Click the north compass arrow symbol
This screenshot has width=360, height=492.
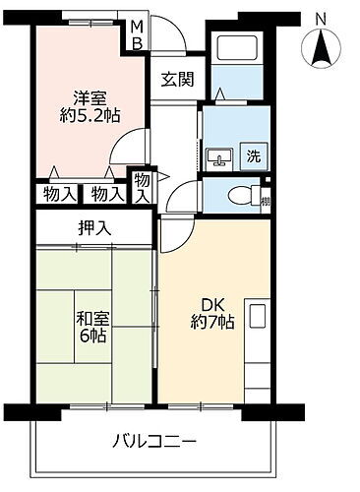320,46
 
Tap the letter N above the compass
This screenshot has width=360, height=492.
320,17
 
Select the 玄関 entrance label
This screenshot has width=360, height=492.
178,79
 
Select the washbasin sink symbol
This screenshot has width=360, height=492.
217,155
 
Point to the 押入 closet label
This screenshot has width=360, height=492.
95,229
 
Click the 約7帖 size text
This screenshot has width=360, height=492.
212,321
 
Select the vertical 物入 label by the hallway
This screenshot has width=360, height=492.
143,187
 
